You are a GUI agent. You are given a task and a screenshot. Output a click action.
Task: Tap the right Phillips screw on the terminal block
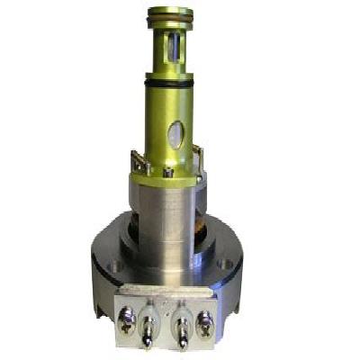206,318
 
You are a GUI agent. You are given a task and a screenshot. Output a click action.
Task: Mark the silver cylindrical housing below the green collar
166,216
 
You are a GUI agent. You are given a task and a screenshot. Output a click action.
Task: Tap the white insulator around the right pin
184,318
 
